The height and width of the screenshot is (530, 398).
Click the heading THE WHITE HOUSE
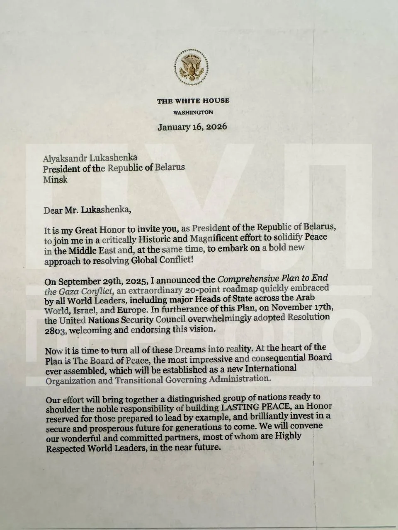pos(193,101)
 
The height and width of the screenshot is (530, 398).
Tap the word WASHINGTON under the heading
pos(193,113)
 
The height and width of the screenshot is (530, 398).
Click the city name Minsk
pos(55,180)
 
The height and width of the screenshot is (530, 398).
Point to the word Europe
pos(122,309)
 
